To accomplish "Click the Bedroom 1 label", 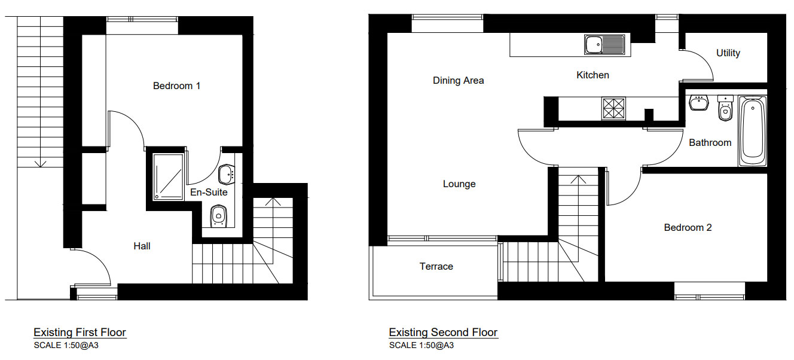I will [x=176, y=86].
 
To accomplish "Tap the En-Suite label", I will [x=209, y=193].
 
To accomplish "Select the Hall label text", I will [x=142, y=246].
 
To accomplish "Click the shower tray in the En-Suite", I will [x=168, y=176].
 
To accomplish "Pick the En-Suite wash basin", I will [x=227, y=175].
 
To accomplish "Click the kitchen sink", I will [x=604, y=45].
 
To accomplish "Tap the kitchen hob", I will [x=613, y=109].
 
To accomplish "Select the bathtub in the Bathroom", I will [x=752, y=131].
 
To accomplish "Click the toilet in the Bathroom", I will [x=725, y=108].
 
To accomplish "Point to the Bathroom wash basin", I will [x=698, y=102].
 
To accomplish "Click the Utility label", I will [x=728, y=53].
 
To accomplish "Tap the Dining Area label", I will [x=458, y=81].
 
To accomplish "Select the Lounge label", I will [x=459, y=184].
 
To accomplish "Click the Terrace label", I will [x=436, y=267].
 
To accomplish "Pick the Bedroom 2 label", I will [x=688, y=228].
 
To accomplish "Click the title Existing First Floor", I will [x=80, y=332].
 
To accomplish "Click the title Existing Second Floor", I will [x=442, y=332].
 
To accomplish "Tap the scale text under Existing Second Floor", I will [x=421, y=345].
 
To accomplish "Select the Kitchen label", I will [x=593, y=75].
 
